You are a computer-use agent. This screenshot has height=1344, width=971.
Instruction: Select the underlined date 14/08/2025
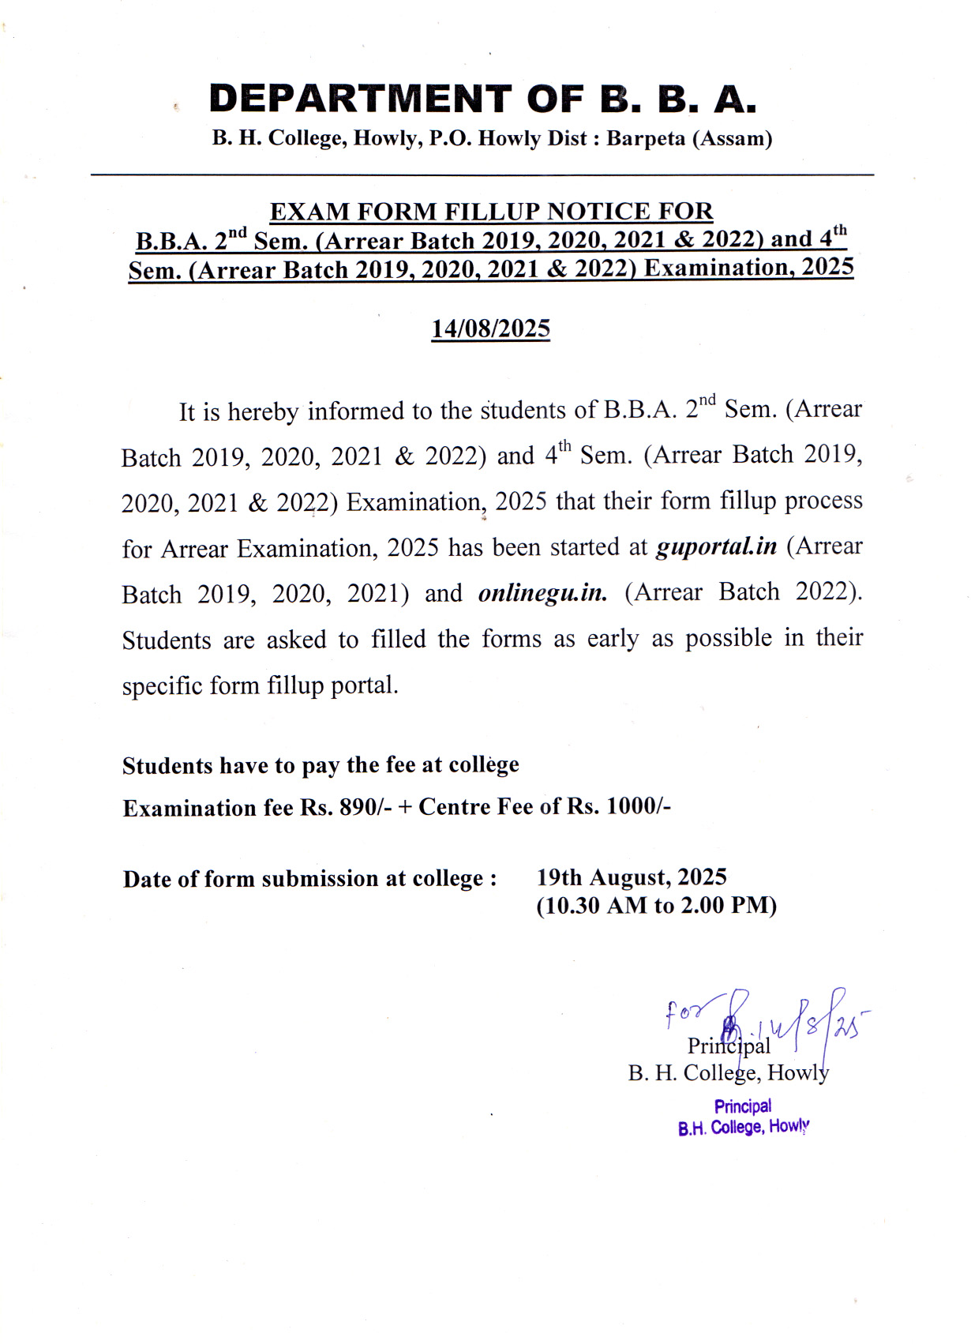[x=490, y=328]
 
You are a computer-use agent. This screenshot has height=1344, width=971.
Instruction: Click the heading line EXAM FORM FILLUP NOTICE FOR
[x=491, y=212]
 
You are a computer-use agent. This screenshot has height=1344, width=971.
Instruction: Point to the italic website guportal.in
[x=716, y=546]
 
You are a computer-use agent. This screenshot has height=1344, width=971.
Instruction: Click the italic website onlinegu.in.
[x=543, y=593]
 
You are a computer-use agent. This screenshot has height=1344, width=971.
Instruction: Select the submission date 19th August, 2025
[x=632, y=877]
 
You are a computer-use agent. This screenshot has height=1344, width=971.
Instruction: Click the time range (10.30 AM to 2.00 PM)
[x=656, y=905]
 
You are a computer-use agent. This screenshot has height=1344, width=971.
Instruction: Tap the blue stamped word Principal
[x=743, y=1106]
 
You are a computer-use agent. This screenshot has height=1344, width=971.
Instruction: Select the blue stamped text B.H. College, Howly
[x=744, y=1127]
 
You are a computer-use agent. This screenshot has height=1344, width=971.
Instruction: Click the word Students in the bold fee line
[x=167, y=766]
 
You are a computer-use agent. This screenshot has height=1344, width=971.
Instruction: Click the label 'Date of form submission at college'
[x=309, y=879]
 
